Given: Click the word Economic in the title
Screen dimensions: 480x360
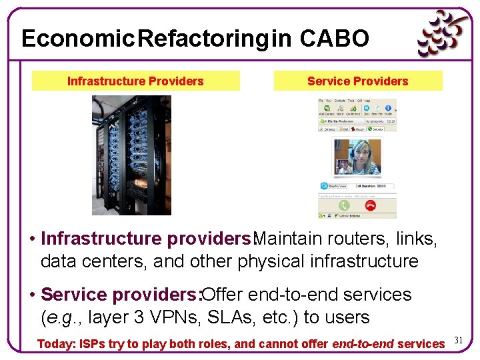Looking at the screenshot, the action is tap(74, 39).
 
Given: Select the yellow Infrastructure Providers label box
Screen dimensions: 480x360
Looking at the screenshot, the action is tap(135, 81).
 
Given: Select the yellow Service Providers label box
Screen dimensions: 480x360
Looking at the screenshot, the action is tap(358, 81).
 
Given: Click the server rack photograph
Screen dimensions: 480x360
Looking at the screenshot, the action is tap(131, 155).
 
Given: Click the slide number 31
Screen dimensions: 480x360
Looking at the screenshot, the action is tap(458, 341).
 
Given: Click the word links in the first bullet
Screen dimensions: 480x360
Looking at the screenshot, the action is tap(417, 238).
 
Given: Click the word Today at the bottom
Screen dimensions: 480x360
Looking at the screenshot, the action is tap(56, 344).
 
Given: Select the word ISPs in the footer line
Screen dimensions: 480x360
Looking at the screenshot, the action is tap(94, 344).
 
